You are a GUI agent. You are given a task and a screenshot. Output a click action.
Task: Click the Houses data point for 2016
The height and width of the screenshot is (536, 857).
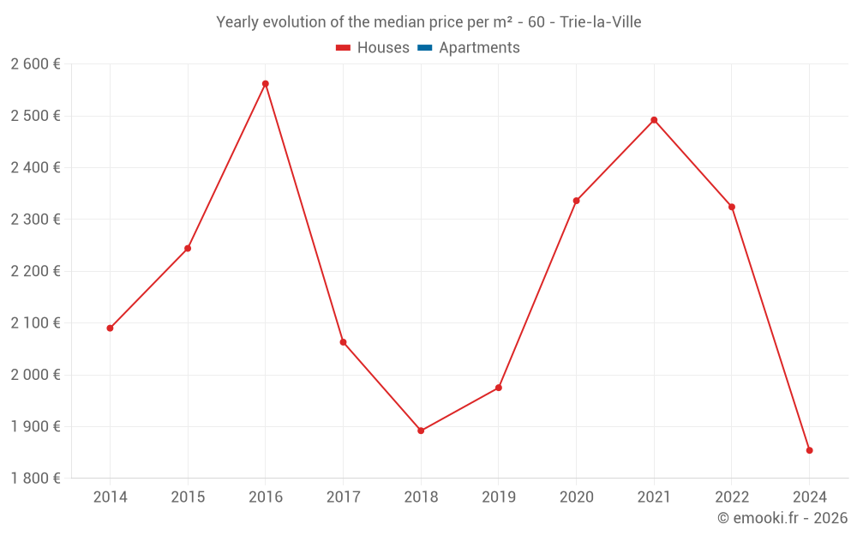[266, 84]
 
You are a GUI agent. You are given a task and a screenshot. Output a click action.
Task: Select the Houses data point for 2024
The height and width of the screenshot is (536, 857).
[809, 450]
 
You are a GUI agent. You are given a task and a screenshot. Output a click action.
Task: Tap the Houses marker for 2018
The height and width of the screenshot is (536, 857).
[421, 431]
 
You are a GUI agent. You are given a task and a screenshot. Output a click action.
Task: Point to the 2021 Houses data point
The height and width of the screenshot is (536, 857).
[654, 120]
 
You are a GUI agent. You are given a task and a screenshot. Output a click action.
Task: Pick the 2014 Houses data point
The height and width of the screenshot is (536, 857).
[111, 328]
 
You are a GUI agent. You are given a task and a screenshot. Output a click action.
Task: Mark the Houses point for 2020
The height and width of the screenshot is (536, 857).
[576, 201]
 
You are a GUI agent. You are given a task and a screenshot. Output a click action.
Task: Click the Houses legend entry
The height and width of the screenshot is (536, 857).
[373, 48]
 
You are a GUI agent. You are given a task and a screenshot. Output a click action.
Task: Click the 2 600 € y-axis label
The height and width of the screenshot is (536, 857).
[35, 64]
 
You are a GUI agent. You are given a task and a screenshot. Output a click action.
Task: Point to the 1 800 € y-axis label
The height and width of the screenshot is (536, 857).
[35, 479]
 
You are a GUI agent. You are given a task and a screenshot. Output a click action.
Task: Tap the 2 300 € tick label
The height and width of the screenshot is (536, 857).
[35, 220]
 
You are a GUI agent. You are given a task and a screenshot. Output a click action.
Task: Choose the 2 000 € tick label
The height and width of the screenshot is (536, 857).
[35, 375]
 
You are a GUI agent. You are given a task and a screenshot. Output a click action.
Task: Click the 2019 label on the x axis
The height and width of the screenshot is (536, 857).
[499, 497]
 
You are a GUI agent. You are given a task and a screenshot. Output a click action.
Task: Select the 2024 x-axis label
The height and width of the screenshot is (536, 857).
[809, 497]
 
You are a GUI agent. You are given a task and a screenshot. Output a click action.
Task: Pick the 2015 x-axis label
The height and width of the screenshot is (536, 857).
[188, 497]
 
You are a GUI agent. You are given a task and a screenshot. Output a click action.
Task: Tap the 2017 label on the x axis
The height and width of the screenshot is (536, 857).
[343, 497]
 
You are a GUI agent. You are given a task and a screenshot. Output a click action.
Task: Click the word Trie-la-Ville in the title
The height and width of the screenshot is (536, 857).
[600, 22]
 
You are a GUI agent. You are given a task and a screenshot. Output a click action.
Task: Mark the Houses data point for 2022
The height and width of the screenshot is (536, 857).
[732, 207]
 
